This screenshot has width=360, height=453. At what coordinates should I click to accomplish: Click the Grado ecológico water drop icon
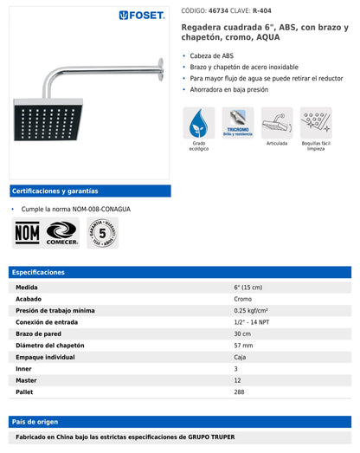[x=199, y=124]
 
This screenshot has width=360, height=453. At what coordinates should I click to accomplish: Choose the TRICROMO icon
[x=237, y=124]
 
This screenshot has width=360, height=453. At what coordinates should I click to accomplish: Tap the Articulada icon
[x=276, y=123]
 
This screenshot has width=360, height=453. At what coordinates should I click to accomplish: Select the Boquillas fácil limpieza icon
[x=316, y=123]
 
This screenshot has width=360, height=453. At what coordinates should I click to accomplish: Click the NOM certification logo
[x=26, y=233]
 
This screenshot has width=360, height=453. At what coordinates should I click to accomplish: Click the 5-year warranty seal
[x=102, y=232]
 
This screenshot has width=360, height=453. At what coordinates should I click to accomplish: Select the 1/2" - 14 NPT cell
[x=252, y=321]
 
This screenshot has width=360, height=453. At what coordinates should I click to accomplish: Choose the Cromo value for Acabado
[x=243, y=298]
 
